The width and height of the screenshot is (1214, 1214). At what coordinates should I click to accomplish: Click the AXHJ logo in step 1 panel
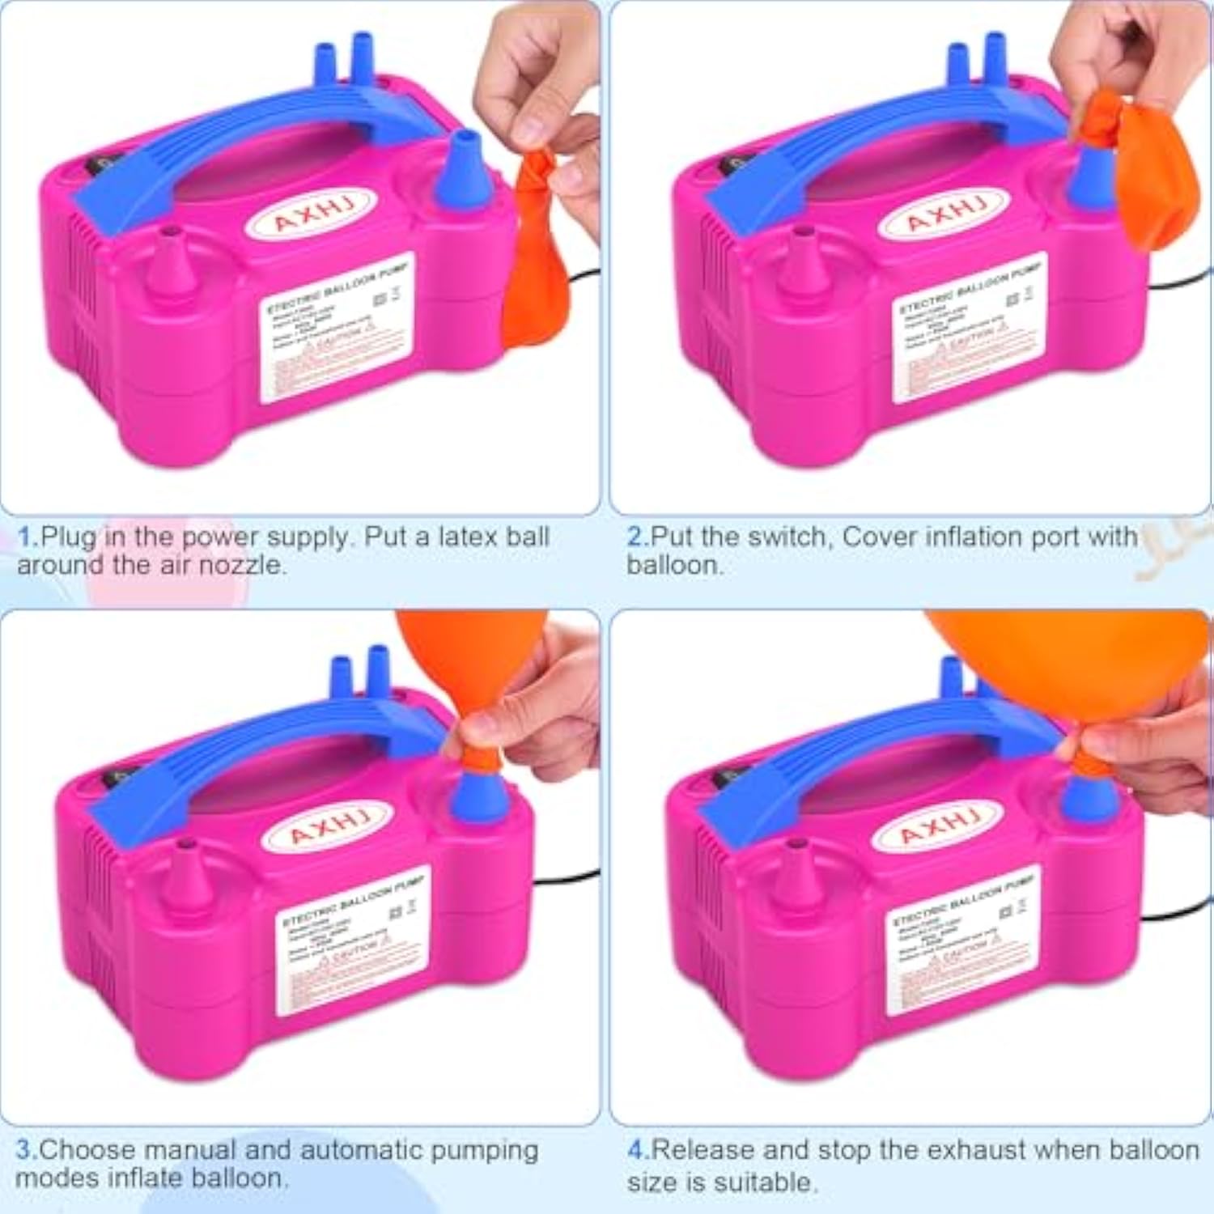pos(311,213)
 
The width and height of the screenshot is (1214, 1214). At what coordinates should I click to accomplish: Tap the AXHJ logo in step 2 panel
pos(944,213)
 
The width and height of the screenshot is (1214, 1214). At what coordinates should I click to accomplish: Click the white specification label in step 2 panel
pos(967,328)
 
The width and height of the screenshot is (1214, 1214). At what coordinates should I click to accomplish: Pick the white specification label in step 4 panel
pos(963,939)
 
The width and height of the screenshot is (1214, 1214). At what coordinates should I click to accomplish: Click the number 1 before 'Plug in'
pos(26,537)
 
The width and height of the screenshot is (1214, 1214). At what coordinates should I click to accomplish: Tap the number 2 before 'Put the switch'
pos(635,537)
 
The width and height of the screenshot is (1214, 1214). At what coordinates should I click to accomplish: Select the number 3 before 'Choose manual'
pos(24,1150)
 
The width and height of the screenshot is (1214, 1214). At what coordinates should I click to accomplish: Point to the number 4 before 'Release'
pos(636,1150)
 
